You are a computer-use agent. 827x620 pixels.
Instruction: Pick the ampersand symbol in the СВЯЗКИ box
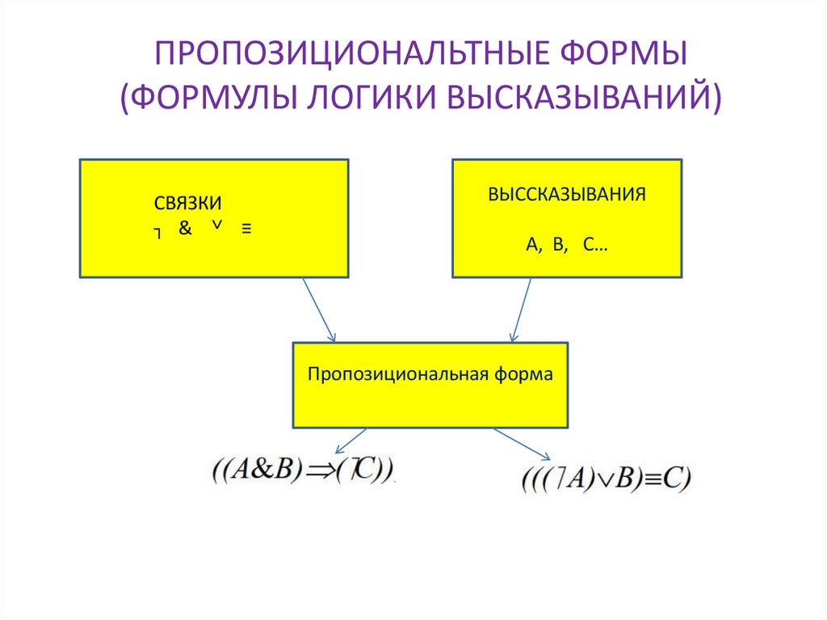coord(185,229)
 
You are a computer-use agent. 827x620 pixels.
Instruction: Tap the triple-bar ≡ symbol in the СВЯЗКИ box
coord(246,229)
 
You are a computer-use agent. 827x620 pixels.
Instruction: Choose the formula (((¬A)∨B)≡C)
coord(606,479)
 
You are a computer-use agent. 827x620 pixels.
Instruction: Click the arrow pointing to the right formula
coord(524,444)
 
